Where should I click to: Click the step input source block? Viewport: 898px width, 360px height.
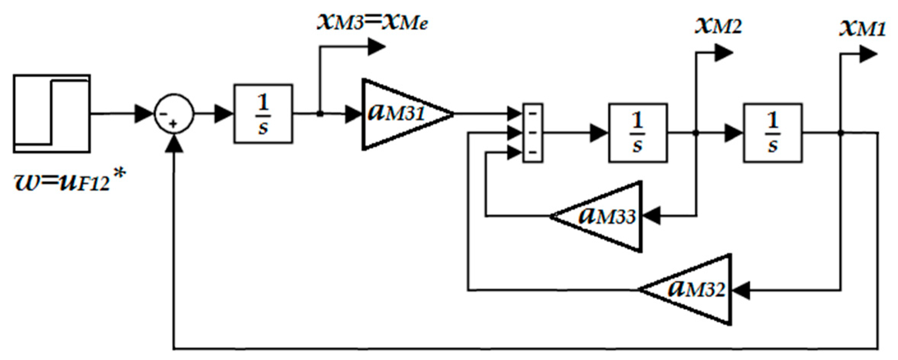pos(52,114)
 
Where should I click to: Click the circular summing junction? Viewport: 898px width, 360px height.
pos(174,114)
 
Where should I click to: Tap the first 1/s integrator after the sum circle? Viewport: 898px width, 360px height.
pos(263,114)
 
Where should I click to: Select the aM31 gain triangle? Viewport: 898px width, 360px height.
pos(400,114)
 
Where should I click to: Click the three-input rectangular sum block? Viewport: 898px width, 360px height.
pos(532,133)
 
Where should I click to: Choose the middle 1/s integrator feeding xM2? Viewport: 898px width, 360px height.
pos(638,133)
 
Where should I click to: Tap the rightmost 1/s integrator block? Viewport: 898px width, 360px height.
pos(773,133)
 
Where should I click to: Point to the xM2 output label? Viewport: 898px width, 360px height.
pos(718,27)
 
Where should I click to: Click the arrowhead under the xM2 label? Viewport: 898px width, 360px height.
pos(723,53)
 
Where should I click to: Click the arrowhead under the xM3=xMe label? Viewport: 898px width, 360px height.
pos(377,47)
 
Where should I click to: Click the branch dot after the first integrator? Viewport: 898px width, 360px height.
pos(320,114)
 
